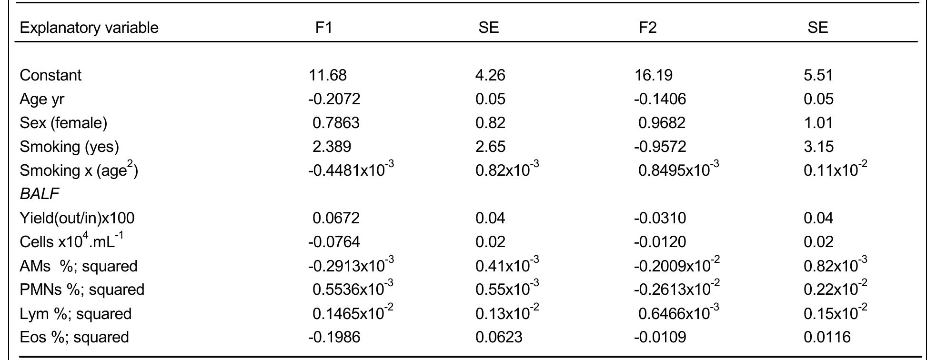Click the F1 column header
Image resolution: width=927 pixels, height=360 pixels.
323,28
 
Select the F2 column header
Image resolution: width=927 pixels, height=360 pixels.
647,28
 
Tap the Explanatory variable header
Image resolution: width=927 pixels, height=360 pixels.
89,28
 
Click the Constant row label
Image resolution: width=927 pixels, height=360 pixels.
50,75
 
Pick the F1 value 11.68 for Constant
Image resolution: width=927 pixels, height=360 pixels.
328,75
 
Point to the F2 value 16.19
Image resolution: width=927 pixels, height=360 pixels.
654,75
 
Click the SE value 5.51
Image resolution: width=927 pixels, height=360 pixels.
818,75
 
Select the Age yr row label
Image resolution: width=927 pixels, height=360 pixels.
42,99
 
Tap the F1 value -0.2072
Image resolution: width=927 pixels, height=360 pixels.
334,99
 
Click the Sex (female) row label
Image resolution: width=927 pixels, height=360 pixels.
63,123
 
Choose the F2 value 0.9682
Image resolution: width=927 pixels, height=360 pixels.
662,123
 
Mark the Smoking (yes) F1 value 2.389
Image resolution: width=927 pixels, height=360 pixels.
332,147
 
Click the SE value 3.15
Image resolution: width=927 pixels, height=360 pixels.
818,147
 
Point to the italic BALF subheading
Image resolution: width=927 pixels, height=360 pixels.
40,194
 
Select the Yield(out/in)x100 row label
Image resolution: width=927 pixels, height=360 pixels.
77,218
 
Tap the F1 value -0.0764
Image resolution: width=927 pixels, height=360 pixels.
334,242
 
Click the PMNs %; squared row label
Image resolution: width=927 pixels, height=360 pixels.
82,290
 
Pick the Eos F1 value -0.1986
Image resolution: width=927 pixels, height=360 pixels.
334,337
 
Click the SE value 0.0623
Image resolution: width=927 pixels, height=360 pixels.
499,337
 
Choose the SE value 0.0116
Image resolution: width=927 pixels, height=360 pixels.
827,337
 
